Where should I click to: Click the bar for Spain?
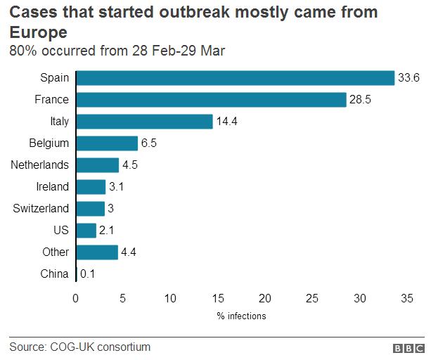[235, 78]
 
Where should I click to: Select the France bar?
[211, 100]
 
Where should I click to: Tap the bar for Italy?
[144, 122]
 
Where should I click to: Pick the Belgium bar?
[107, 143]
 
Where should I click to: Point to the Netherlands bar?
[97, 165]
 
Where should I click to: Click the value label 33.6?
[409, 78]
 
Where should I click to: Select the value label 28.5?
[360, 100]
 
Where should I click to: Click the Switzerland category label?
[41, 208]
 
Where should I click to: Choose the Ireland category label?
[53, 186]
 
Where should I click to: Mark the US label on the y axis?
[62, 230]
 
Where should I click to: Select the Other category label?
[56, 252]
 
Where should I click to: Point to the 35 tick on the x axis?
[406, 298]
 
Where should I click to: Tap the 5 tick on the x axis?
[123, 298]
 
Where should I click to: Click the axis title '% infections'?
[241, 316]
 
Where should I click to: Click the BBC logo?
[408, 348]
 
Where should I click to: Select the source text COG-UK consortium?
[100, 347]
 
